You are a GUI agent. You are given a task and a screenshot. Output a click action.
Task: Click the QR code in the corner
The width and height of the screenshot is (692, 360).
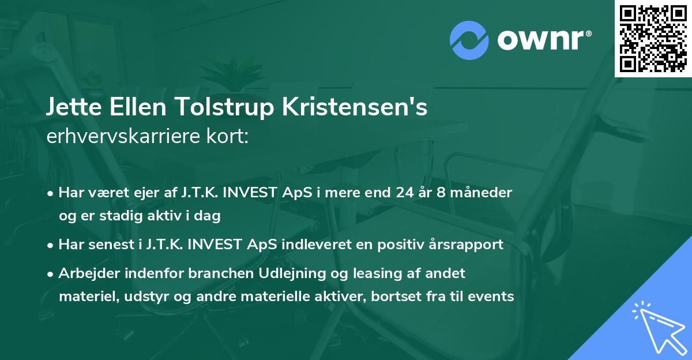point(653,39)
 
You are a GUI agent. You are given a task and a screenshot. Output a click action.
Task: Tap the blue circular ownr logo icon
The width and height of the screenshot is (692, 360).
point(469,39)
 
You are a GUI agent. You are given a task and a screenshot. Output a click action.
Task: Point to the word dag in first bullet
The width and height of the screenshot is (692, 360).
point(208,216)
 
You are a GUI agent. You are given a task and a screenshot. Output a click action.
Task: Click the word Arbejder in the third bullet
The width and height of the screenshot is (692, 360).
point(85,273)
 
